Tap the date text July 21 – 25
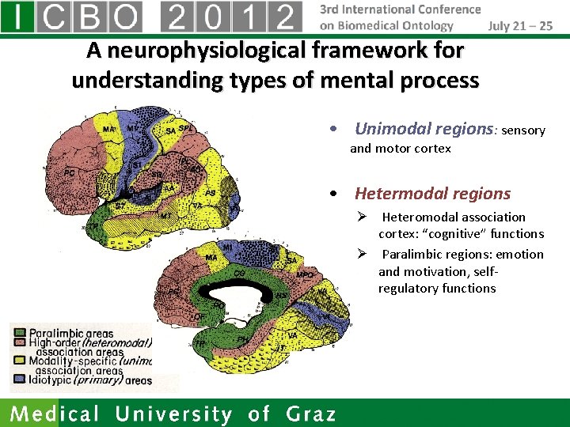[520, 25]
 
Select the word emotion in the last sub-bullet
[520, 254]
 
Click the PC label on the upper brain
[69, 171]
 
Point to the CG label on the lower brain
[238, 273]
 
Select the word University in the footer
[173, 414]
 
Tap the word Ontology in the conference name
[427, 25]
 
